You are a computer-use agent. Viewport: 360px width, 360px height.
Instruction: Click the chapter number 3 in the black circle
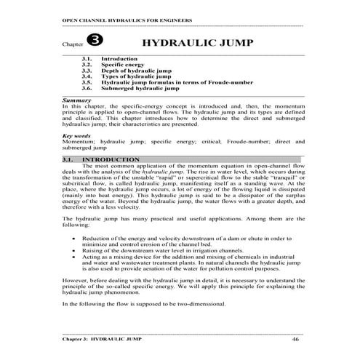95,41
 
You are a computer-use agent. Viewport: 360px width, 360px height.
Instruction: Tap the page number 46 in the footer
295,340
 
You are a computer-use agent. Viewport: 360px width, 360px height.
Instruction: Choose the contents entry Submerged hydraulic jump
139,88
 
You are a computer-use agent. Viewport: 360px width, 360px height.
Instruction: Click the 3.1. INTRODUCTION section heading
101,159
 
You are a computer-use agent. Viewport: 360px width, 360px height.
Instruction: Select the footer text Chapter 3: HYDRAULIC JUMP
101,340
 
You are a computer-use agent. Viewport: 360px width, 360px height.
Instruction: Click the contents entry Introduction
120,58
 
